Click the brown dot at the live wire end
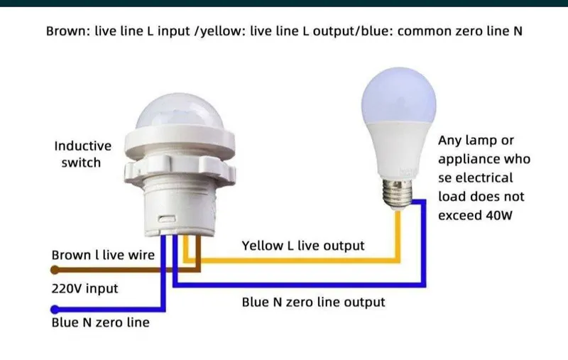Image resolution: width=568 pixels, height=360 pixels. (x=55, y=270)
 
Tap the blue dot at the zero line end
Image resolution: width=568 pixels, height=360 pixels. (x=55, y=310)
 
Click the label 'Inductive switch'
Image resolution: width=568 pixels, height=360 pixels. (x=82, y=154)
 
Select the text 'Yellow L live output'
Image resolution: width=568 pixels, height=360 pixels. (x=303, y=246)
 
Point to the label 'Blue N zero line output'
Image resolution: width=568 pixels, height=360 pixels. (x=313, y=302)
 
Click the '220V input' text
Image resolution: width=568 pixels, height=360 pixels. (x=84, y=289)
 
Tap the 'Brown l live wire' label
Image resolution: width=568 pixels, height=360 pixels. (x=103, y=255)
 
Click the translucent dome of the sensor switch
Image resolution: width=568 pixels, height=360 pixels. (x=180, y=111)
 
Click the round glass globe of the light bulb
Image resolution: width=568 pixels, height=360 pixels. (x=398, y=96)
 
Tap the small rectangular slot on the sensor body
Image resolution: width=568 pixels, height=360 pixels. (x=167, y=219)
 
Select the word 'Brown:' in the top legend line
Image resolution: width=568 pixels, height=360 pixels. (x=68, y=31)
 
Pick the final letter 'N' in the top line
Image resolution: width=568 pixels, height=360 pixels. (x=518, y=31)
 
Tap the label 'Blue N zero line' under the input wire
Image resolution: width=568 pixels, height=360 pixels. (x=100, y=322)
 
